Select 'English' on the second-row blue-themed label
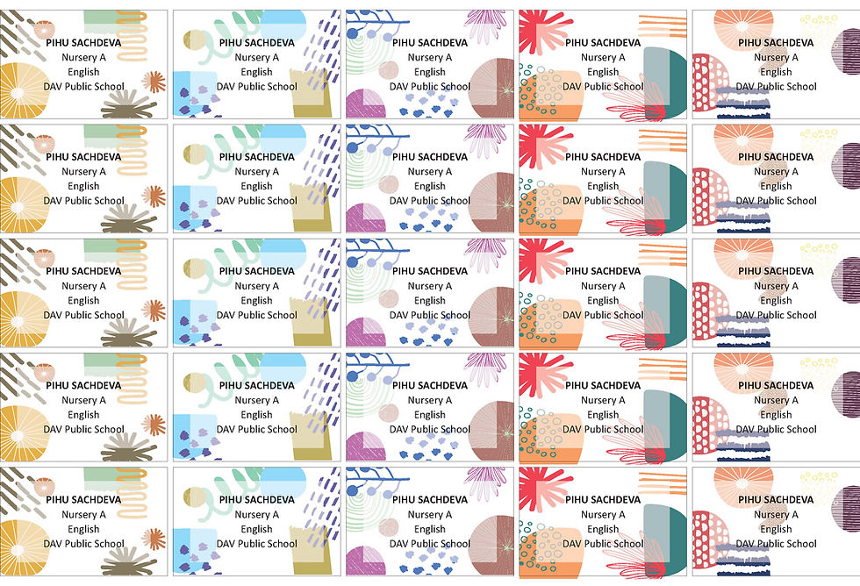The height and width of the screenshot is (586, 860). pos(257,186)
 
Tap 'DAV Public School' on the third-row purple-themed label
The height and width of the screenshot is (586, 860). pos(430,315)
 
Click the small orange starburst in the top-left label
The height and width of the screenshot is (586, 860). pos(154,82)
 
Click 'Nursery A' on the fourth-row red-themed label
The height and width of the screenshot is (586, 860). pos(603,400)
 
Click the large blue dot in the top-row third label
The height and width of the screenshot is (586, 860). pos(353,33)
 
